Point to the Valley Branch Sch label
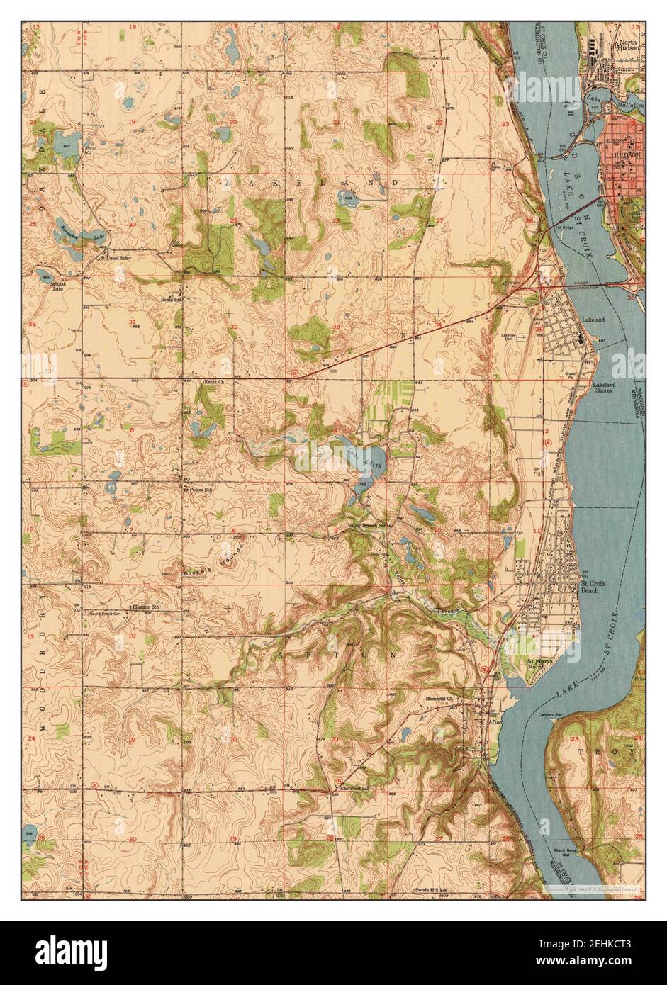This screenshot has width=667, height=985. tap(369, 525)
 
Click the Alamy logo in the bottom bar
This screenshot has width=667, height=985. tap(72, 952)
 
